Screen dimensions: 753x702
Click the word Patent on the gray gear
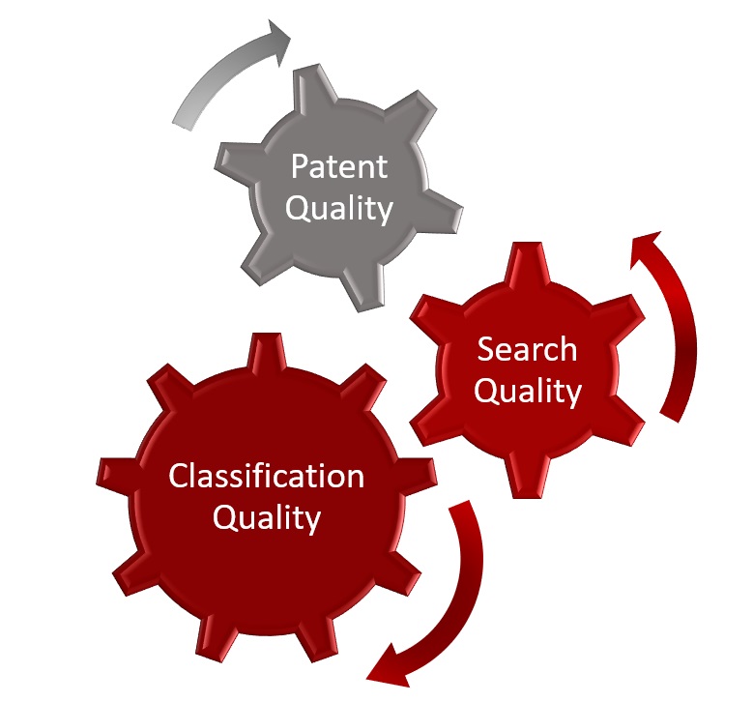point(339,166)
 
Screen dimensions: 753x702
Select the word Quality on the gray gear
point(339,210)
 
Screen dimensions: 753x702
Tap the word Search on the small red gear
point(527,349)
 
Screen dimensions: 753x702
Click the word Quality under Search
point(528,392)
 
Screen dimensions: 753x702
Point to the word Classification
point(267,476)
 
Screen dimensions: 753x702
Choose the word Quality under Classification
point(267,519)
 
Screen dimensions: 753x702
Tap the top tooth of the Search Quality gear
point(527,263)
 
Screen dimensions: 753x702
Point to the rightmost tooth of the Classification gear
point(417,476)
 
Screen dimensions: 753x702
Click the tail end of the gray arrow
point(183,123)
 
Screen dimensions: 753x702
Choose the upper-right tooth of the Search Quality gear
point(620,313)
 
